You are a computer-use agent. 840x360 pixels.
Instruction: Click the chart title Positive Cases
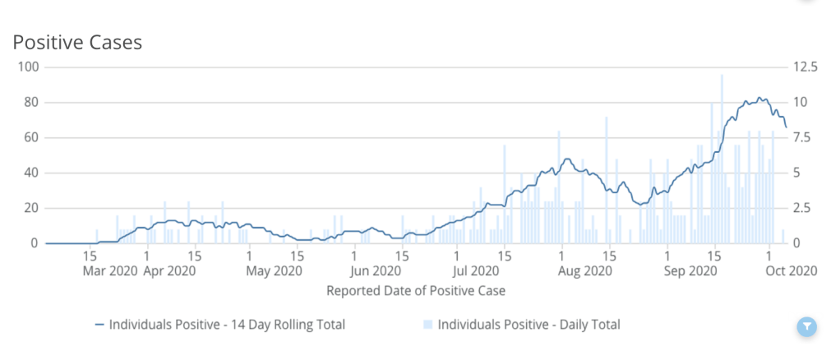(77, 43)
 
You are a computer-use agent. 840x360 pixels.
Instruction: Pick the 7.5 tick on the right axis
(800, 137)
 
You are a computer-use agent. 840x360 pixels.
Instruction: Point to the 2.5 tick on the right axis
(800, 208)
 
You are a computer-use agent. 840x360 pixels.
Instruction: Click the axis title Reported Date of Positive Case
(416, 290)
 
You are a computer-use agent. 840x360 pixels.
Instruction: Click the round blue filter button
(808, 327)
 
